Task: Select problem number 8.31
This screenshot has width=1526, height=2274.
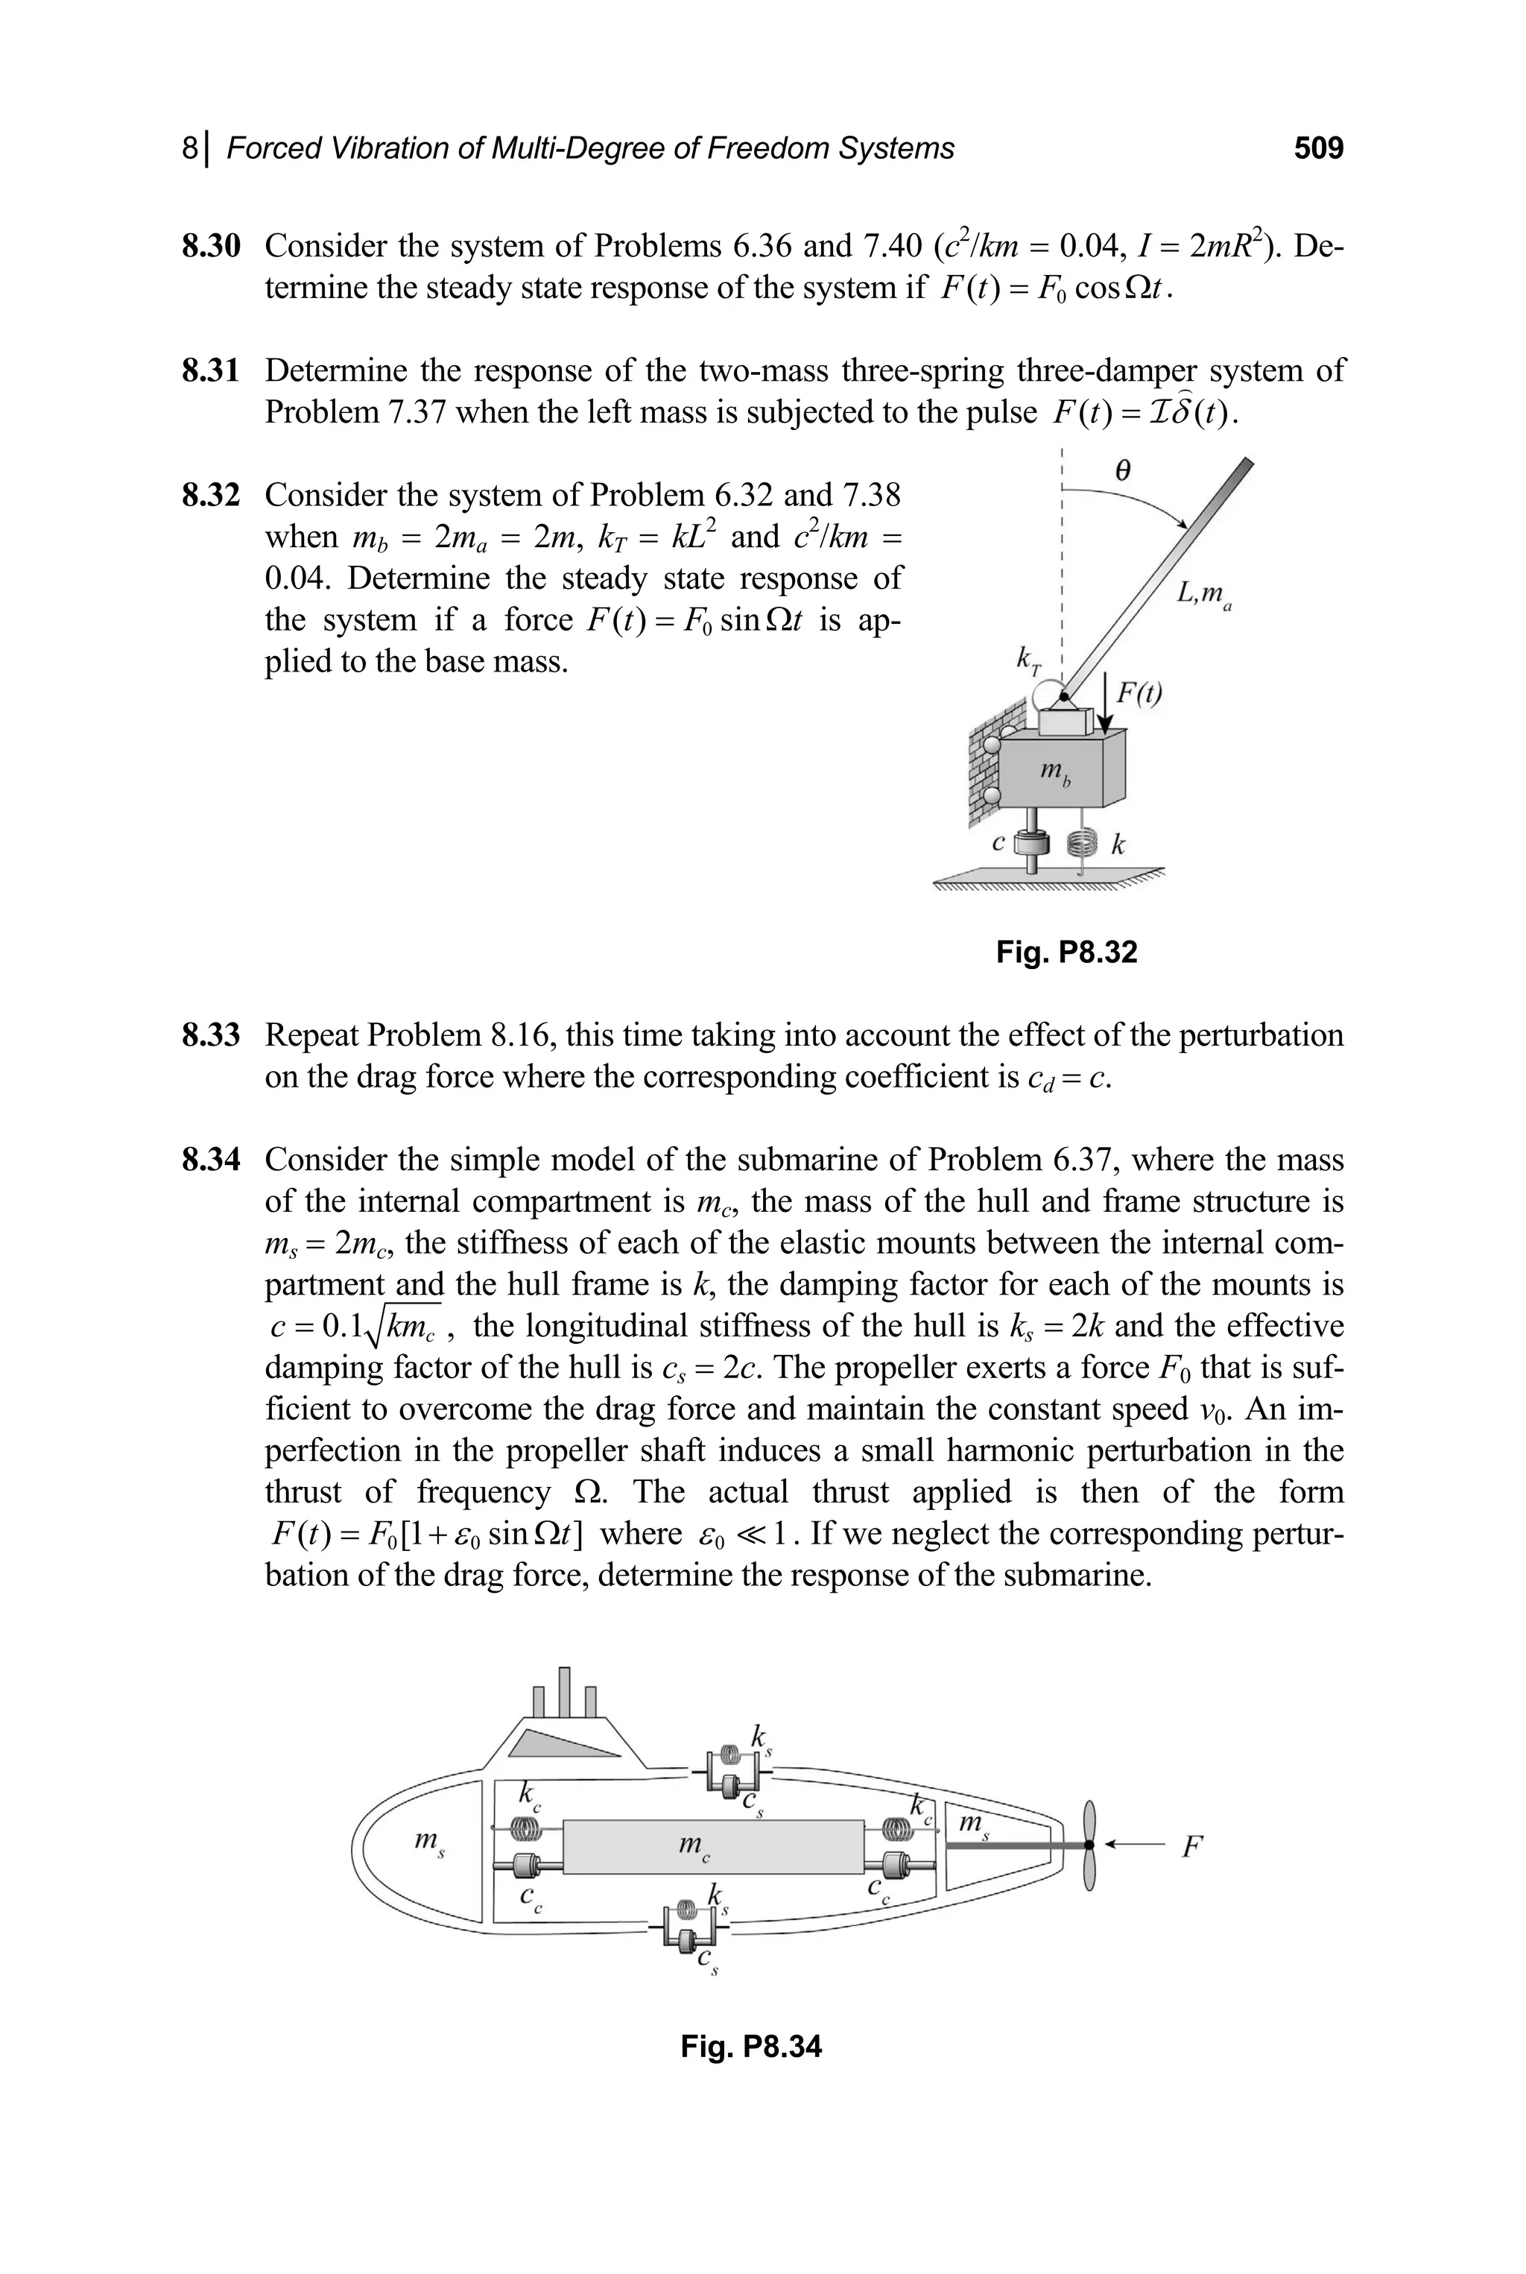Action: [x=210, y=371]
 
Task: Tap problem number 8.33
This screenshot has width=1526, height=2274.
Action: [x=210, y=1036]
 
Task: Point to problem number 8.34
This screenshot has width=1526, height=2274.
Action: [x=210, y=1160]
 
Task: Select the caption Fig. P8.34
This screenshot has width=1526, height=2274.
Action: [x=750, y=2046]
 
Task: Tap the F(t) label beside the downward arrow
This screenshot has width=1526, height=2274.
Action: [x=1138, y=693]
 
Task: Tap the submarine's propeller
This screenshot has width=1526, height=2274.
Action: [x=1090, y=1845]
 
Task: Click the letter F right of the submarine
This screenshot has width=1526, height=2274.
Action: [x=1191, y=1845]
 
